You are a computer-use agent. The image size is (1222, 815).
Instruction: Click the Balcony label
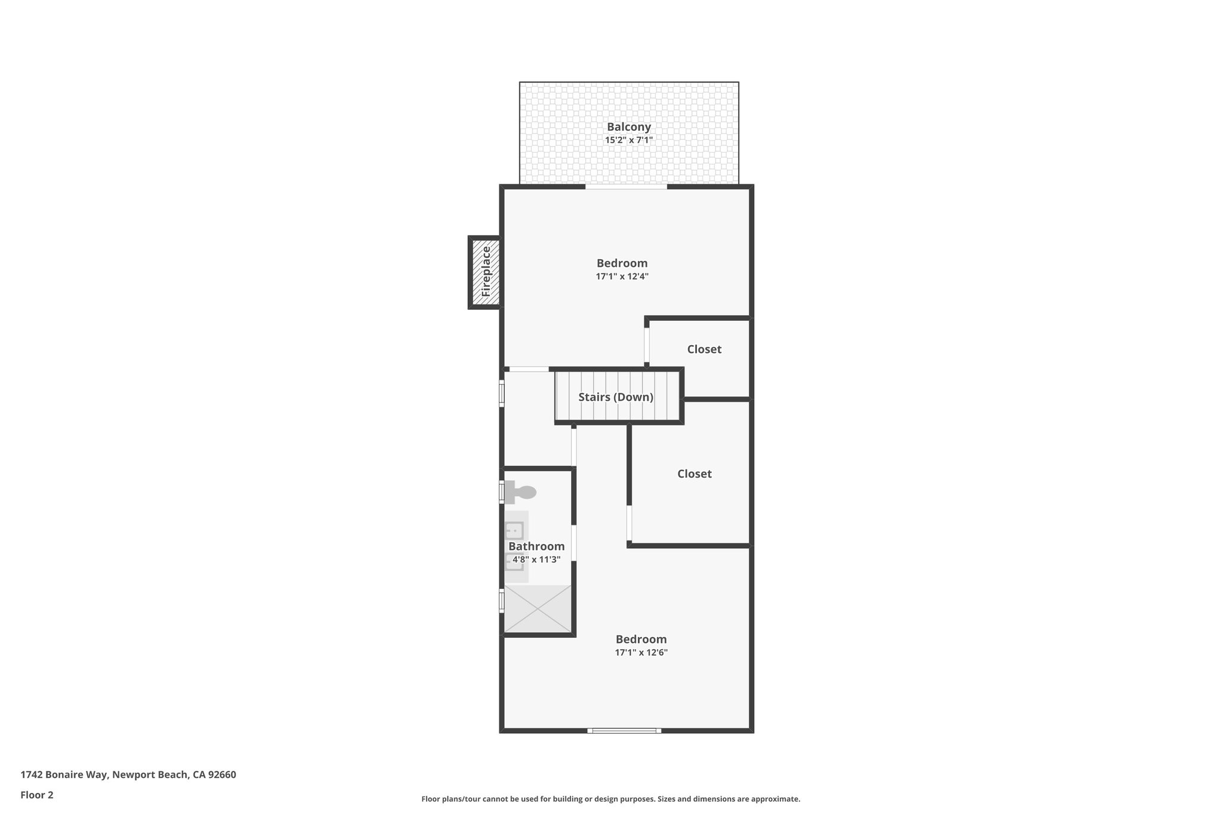pyautogui.click(x=628, y=127)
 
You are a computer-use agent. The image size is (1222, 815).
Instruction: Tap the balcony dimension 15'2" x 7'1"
pyautogui.click(x=628, y=140)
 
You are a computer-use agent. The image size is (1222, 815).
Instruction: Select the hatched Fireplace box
pyautogui.click(x=485, y=272)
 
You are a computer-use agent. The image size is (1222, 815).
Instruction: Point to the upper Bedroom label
pyautogui.click(x=622, y=263)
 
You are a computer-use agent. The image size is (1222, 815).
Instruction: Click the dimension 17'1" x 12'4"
pyautogui.click(x=622, y=277)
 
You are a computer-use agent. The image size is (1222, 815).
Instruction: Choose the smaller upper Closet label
pyautogui.click(x=704, y=349)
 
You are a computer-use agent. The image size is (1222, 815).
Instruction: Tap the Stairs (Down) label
pyautogui.click(x=616, y=397)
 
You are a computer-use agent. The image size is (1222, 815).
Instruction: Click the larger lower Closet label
pyautogui.click(x=694, y=473)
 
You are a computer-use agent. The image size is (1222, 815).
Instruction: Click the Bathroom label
pyautogui.click(x=536, y=546)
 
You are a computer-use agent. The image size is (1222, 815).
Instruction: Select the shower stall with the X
pyautogui.click(x=538, y=608)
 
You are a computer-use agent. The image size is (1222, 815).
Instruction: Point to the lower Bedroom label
pyautogui.click(x=641, y=639)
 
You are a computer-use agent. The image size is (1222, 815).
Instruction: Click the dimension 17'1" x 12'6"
pyautogui.click(x=641, y=653)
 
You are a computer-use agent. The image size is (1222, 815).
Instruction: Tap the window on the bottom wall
pyautogui.click(x=624, y=730)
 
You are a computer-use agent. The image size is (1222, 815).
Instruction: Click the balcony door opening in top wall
pyautogui.click(x=625, y=187)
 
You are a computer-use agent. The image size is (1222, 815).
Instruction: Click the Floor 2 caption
pyautogui.click(x=37, y=795)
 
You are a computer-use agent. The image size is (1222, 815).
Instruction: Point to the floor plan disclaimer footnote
pyautogui.click(x=610, y=799)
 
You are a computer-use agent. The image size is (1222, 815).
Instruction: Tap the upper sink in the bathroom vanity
pyautogui.click(x=514, y=530)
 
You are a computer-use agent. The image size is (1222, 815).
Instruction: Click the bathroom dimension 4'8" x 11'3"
pyautogui.click(x=536, y=559)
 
